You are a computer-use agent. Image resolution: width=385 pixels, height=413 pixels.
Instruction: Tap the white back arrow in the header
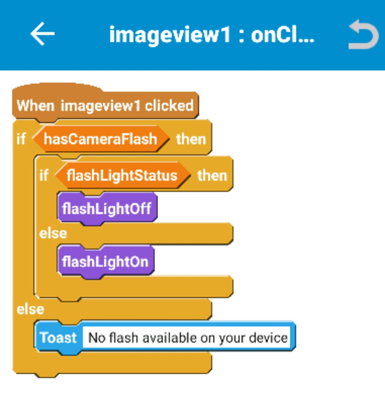43,34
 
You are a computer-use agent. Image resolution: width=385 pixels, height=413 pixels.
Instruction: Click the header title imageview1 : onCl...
212,35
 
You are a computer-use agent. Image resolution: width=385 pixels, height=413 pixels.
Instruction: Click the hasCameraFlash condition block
100,139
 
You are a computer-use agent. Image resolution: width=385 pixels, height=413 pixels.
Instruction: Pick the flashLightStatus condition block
122,176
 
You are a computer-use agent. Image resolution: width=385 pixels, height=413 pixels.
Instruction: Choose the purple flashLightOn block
105,262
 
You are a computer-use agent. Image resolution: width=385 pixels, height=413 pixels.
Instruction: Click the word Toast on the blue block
58,338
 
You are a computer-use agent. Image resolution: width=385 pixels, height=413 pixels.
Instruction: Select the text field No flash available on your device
187,338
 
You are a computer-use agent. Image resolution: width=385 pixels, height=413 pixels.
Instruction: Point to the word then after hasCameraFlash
191,139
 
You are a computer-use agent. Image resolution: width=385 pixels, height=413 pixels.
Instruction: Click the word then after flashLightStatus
212,176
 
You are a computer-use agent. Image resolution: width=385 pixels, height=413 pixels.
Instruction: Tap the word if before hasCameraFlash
21,139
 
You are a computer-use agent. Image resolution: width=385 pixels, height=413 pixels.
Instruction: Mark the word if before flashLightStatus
44,176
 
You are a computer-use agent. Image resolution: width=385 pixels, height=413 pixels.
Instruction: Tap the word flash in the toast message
124,338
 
